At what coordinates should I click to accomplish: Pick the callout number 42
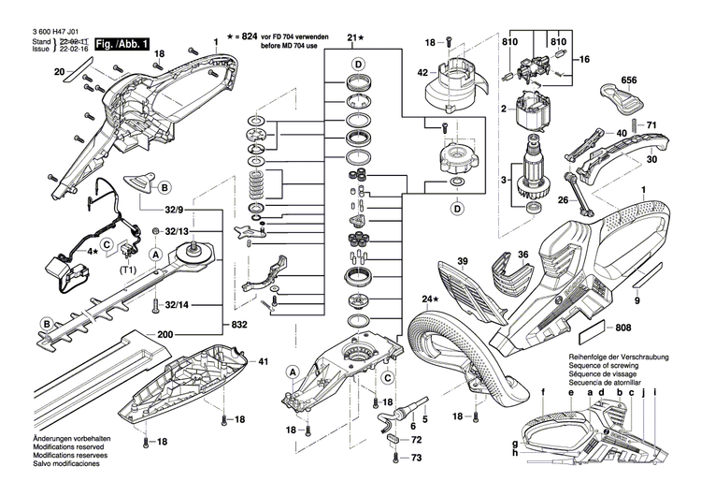pyautogui.click(x=422, y=72)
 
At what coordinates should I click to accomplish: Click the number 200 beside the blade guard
pyautogui.click(x=165, y=333)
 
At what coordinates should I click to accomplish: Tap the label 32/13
pyautogui.click(x=176, y=231)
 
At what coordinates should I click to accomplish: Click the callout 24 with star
pyautogui.click(x=429, y=300)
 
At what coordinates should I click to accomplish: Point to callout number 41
pyautogui.click(x=263, y=361)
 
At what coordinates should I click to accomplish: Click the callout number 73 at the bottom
pyautogui.click(x=417, y=457)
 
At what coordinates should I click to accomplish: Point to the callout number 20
pyautogui.click(x=59, y=72)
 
